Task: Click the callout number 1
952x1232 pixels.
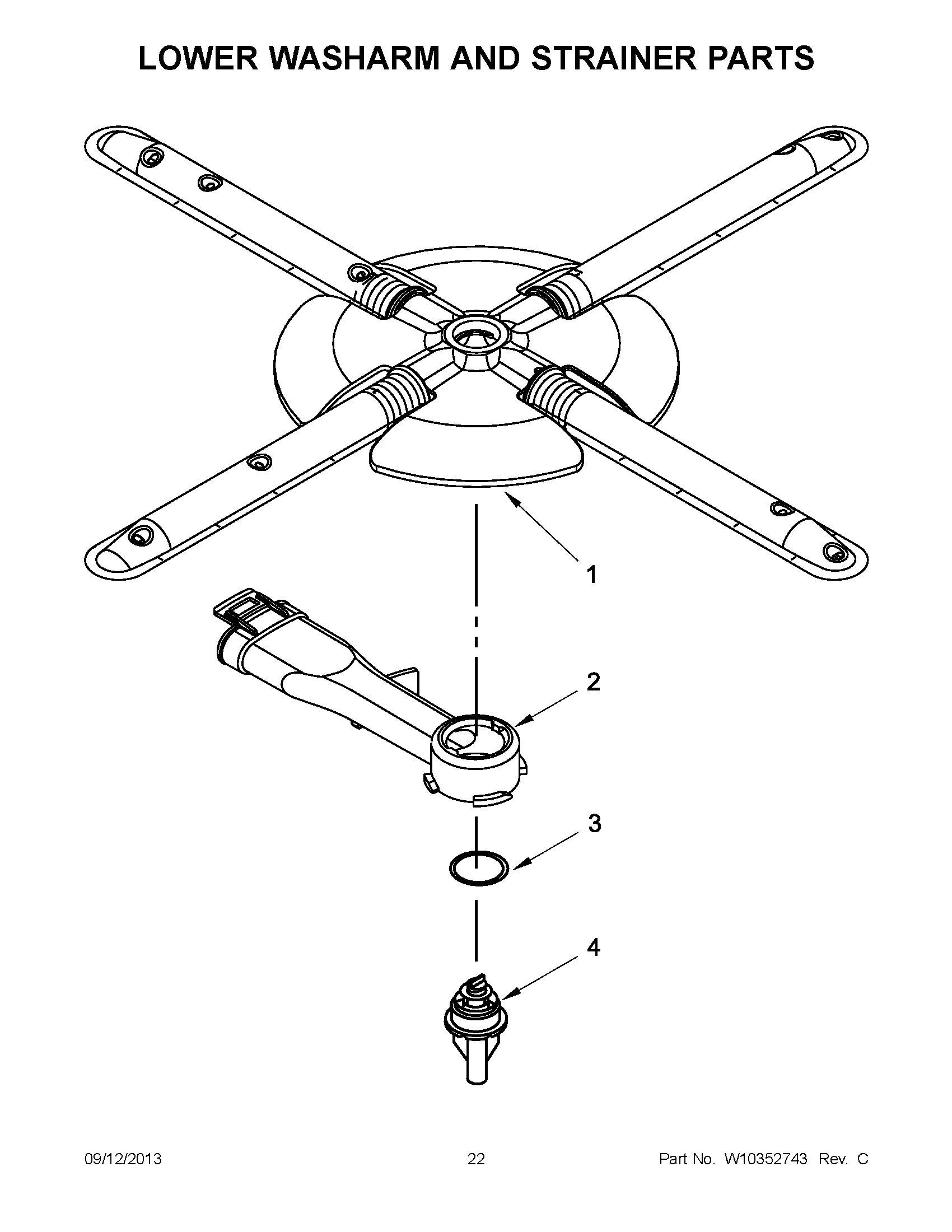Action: pos(591,575)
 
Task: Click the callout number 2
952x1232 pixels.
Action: pos(593,682)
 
